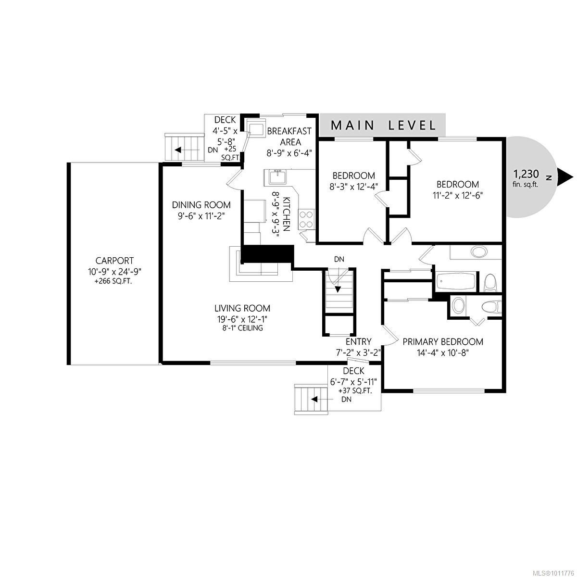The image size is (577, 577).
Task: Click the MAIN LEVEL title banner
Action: click(x=383, y=125)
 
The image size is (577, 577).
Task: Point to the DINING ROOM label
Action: click(x=201, y=205)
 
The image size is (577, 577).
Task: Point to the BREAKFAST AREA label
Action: click(x=289, y=136)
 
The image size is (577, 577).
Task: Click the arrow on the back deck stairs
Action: click(x=177, y=150)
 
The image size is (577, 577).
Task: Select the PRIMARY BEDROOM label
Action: click(x=442, y=342)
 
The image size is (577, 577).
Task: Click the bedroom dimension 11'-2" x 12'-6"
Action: click(x=457, y=195)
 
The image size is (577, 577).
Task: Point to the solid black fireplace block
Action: click(x=267, y=253)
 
